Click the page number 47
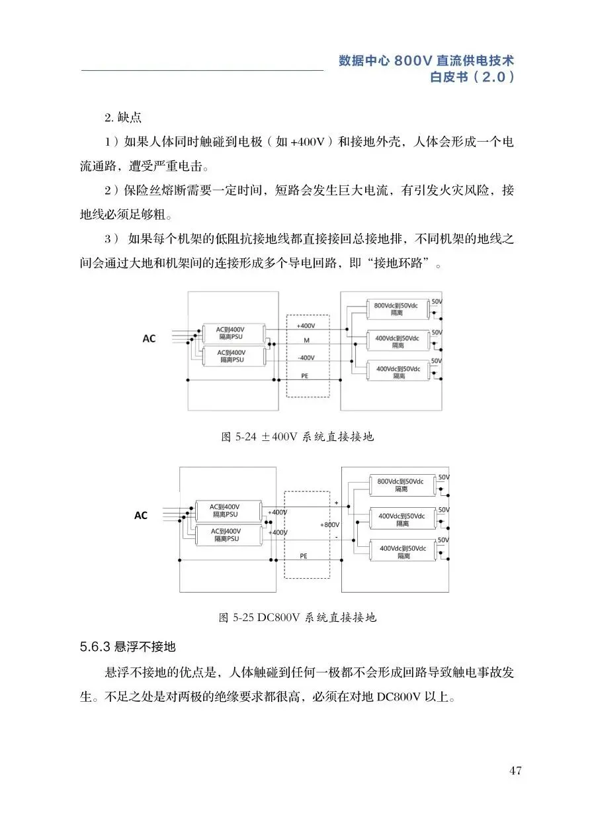(516, 771)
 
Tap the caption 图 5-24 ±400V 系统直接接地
(297, 437)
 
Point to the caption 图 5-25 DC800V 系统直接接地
(297, 618)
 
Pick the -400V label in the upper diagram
(306, 358)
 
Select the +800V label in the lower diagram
(329, 524)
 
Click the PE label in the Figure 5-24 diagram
(306, 375)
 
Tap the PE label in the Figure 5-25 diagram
(304, 556)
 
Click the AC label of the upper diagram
(149, 338)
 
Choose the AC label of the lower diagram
(141, 515)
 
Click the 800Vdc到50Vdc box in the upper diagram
(396, 309)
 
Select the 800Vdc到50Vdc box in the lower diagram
(401, 485)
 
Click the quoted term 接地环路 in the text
(402, 265)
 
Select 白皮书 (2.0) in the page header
(472, 77)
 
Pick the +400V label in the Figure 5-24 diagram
(306, 326)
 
